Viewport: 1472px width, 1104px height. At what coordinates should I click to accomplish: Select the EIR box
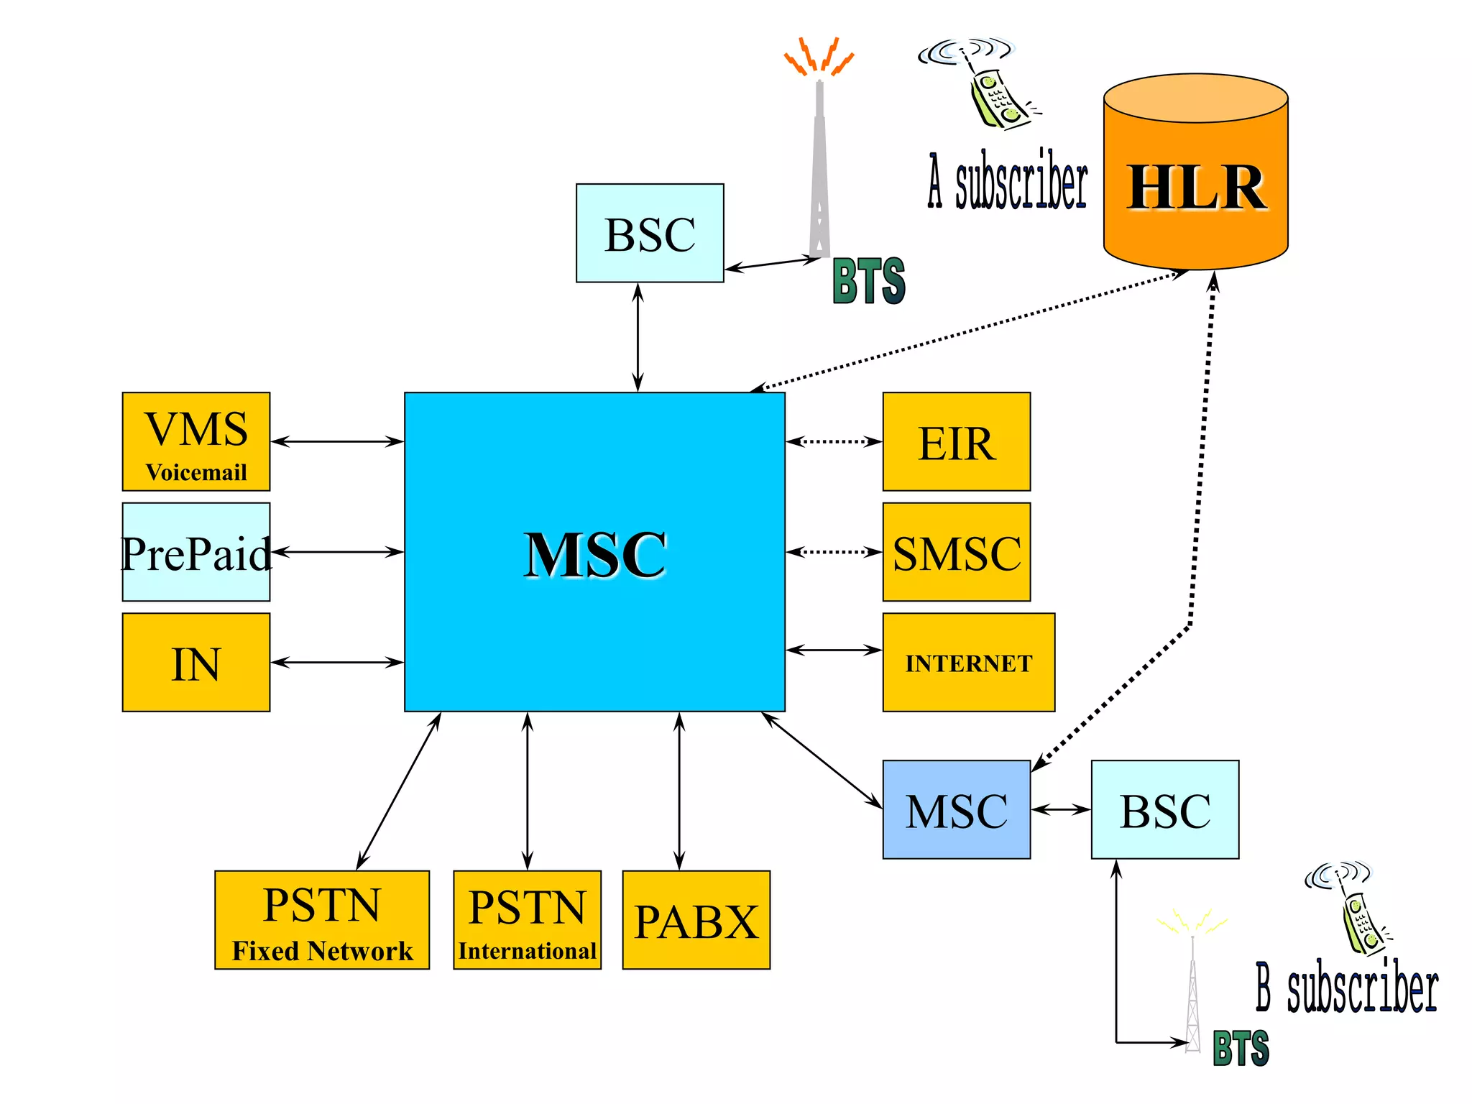pos(956,441)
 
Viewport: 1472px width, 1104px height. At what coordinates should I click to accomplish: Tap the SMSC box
pos(956,552)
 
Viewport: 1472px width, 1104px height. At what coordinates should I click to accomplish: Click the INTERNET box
pos(968,662)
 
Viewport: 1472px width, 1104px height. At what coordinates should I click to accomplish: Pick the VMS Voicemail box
pos(196,441)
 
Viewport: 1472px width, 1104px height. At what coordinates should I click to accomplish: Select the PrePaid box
pos(196,552)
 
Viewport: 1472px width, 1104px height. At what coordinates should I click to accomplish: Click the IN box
pos(196,662)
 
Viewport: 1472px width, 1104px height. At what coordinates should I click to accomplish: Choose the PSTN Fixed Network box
pos(322,920)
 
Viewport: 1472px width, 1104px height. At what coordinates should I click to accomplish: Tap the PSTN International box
pos(527,920)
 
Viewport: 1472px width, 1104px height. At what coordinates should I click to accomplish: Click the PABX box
pos(696,920)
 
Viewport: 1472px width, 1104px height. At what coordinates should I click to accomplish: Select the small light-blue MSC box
pos(956,809)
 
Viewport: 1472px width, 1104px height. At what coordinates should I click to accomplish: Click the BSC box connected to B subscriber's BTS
pos(1164,809)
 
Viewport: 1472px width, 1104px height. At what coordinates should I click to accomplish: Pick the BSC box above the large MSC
pos(650,233)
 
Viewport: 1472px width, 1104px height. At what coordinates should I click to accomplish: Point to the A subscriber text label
pos(1008,181)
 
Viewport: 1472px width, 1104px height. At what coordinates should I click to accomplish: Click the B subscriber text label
pos(1346,988)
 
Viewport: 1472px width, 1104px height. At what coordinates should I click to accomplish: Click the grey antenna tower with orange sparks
pos(819,165)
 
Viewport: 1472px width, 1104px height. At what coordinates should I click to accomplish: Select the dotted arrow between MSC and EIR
pos(834,441)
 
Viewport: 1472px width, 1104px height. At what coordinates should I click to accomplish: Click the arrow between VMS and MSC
pos(336,441)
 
